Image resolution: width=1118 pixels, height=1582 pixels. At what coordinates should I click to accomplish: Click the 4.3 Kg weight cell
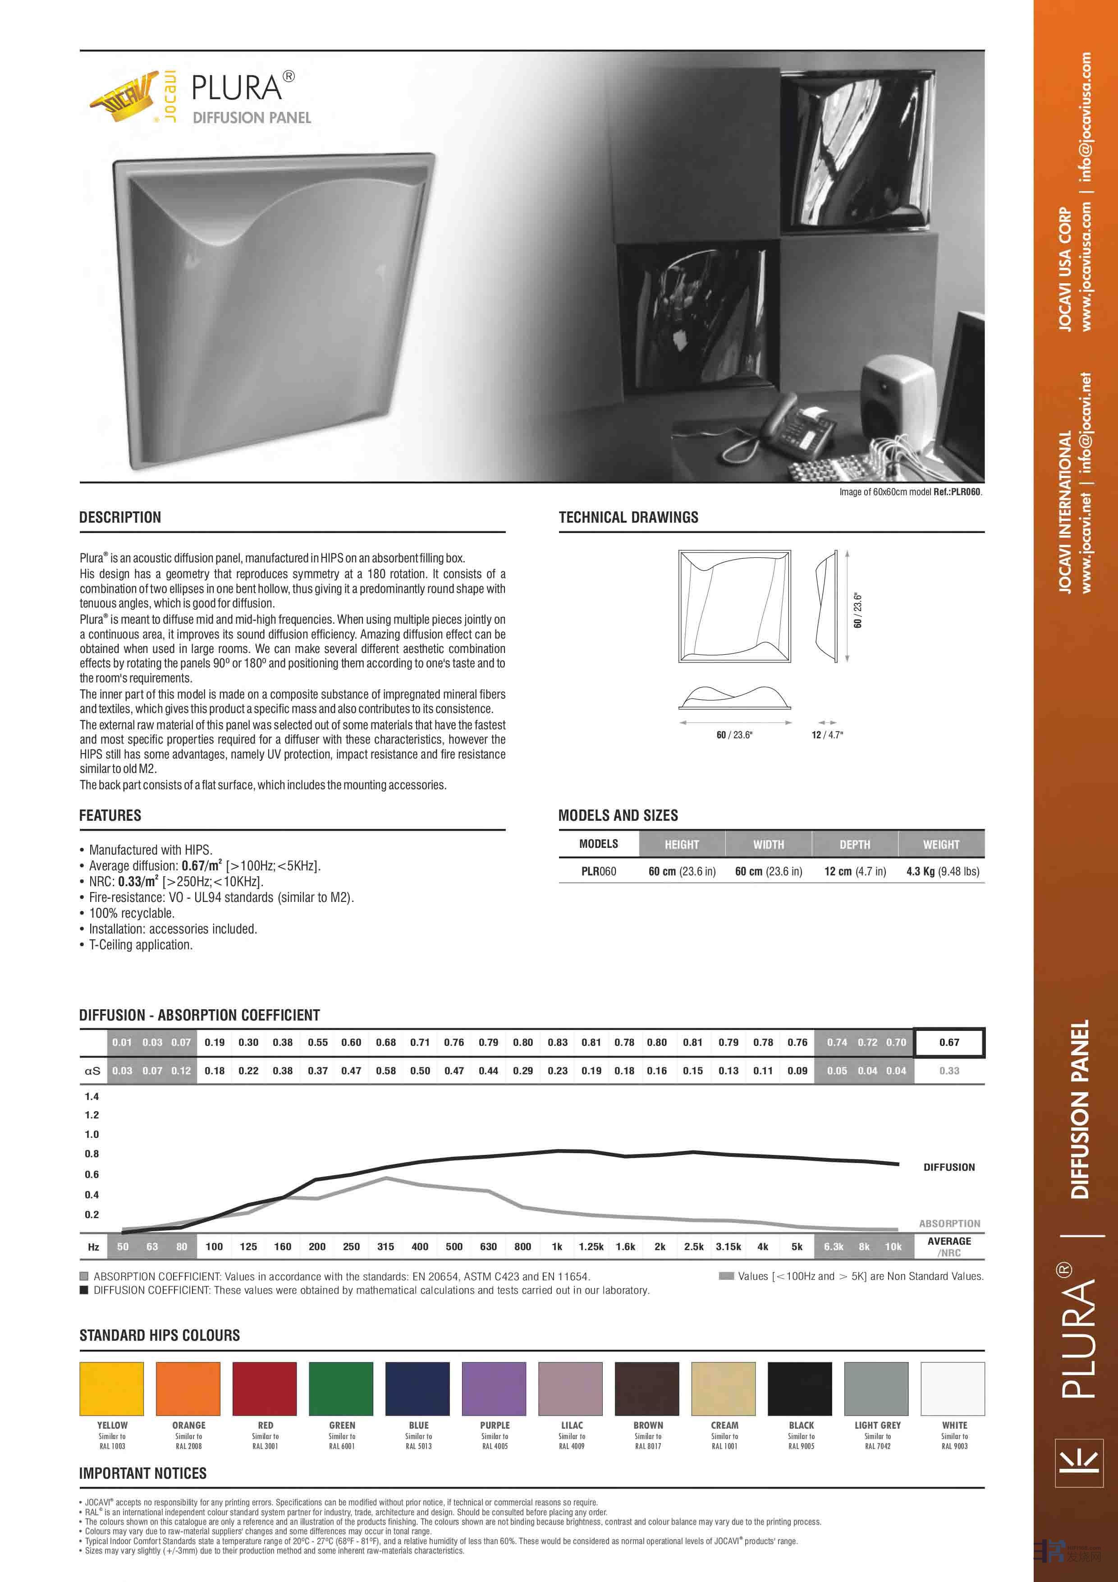[942, 872]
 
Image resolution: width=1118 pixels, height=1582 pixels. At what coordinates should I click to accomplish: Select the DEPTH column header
[855, 844]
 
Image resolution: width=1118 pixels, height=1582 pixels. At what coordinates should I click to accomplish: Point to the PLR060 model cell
[599, 872]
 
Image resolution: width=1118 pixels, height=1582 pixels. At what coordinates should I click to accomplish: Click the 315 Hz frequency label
[386, 1246]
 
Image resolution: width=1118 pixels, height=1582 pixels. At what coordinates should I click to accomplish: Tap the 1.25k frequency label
[591, 1246]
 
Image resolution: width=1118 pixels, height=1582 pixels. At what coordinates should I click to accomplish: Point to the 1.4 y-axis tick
[92, 1096]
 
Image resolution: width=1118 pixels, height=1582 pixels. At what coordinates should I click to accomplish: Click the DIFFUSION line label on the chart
[948, 1167]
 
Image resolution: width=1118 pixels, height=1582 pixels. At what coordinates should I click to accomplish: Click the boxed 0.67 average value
[948, 1043]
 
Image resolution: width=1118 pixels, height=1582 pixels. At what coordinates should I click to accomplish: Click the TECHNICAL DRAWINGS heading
[628, 517]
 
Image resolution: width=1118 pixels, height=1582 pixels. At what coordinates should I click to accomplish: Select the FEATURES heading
[110, 815]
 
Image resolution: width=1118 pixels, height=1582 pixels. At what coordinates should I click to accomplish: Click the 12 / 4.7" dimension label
[827, 735]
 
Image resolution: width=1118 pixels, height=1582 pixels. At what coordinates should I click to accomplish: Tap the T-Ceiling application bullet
[141, 945]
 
